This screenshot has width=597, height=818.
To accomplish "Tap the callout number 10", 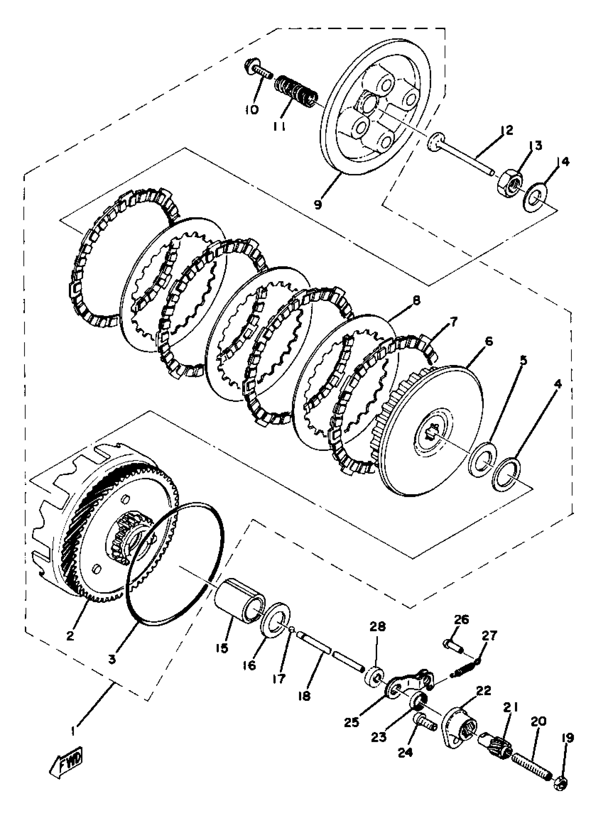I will click(x=252, y=109).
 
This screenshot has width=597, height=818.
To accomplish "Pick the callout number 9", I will click(x=318, y=205).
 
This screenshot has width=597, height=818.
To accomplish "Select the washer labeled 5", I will click(x=483, y=460).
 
